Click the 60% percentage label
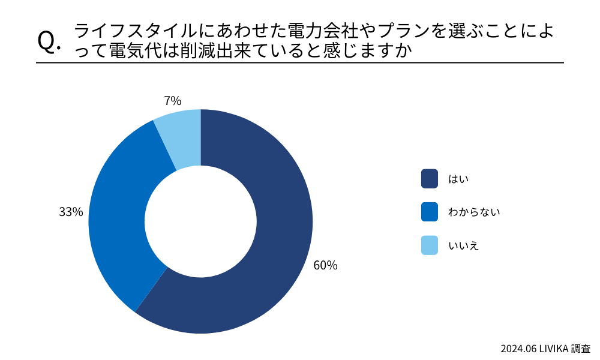tap(325, 265)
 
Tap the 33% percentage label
tap(71, 212)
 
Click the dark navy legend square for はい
tap(430, 178)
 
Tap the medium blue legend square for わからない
tap(430, 212)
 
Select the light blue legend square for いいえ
tap(430, 245)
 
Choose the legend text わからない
tap(474, 212)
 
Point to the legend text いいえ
tap(463, 245)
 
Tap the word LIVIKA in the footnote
tap(554, 348)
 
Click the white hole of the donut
tap(200, 221)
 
